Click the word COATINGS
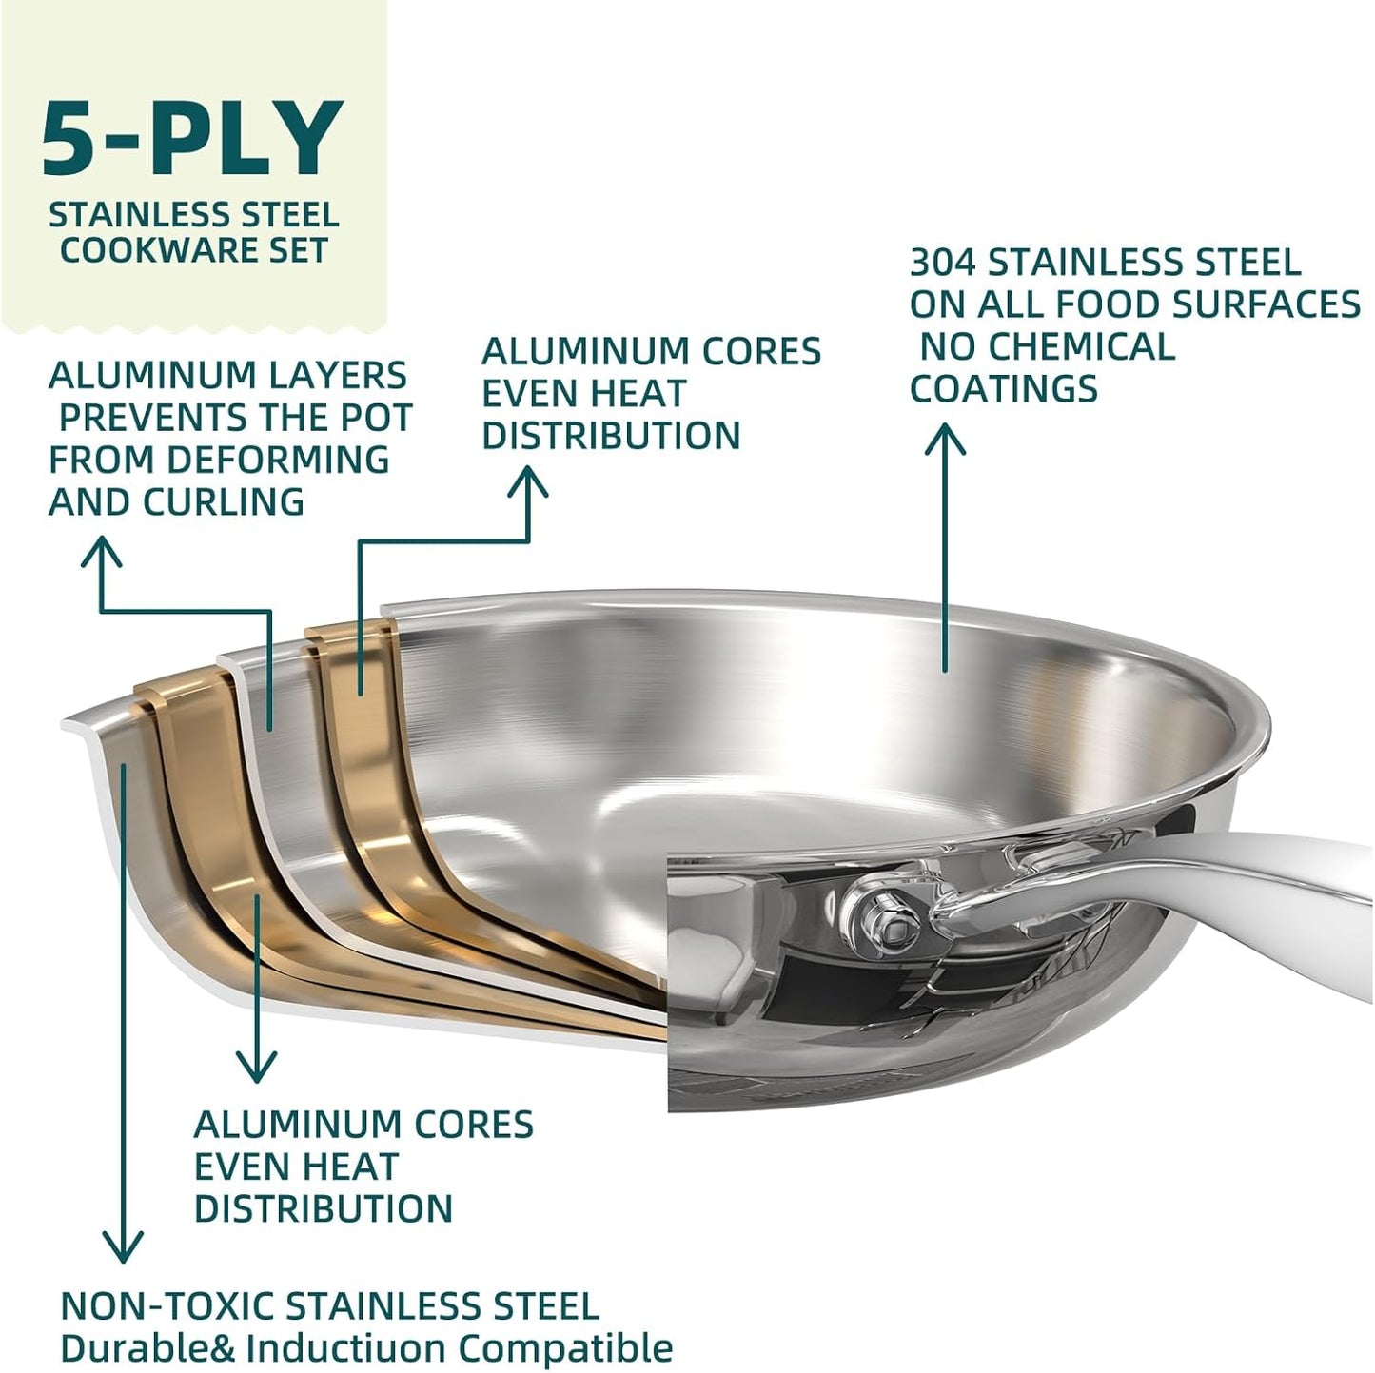[1003, 388]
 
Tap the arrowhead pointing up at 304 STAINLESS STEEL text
[945, 439]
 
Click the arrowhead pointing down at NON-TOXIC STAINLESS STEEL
[123, 1245]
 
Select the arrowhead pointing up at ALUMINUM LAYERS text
[101, 552]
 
